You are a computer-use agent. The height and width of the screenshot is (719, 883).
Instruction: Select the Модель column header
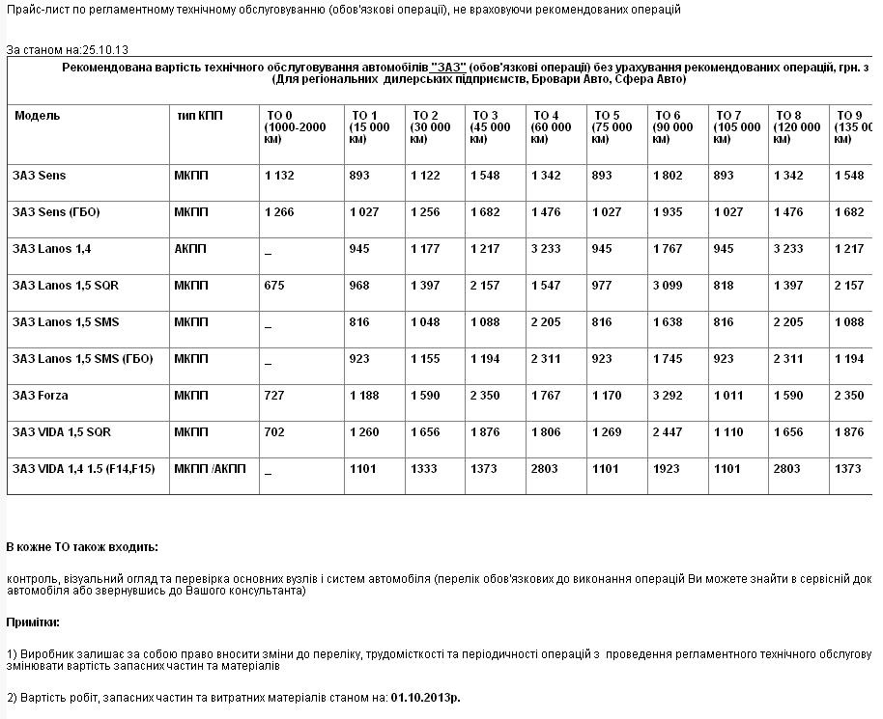click(37, 116)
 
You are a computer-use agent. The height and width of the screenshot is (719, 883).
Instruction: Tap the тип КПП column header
click(200, 116)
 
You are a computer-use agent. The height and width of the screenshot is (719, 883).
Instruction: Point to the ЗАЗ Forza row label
click(41, 396)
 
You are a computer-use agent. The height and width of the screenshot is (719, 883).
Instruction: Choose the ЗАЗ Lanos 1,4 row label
click(52, 249)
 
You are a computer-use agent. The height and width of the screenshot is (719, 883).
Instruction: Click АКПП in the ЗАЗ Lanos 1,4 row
click(190, 249)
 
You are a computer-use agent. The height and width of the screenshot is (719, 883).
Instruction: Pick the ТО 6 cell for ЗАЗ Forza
click(668, 396)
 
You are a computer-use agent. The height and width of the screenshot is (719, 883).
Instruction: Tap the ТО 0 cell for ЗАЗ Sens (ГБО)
click(278, 212)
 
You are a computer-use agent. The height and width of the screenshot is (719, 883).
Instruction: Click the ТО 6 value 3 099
click(668, 286)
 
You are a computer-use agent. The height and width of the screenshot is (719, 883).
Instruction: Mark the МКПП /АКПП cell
click(210, 469)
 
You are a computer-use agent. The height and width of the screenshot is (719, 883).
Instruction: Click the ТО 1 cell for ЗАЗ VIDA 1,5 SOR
click(364, 432)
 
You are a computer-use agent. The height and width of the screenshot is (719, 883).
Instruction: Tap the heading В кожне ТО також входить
click(82, 547)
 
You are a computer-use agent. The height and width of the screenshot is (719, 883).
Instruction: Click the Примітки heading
click(33, 622)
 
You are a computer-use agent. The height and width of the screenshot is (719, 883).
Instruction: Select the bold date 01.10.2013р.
click(426, 696)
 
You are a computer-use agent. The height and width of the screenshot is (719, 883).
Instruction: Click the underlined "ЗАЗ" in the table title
click(449, 67)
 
